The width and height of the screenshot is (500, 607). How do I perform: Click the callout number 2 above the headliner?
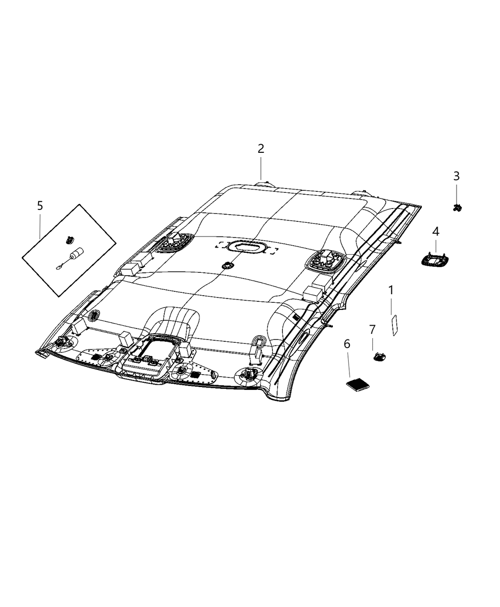click(x=260, y=149)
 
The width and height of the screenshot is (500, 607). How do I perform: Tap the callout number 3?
click(x=456, y=176)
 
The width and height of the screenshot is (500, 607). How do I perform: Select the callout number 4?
click(x=435, y=232)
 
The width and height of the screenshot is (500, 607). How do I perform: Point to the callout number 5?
click(x=40, y=206)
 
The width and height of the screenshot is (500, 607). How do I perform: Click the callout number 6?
click(x=347, y=344)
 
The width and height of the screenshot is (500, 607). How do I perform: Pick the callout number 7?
click(x=372, y=329)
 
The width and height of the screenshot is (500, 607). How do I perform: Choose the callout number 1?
click(x=391, y=290)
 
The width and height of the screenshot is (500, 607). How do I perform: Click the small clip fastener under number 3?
click(x=457, y=207)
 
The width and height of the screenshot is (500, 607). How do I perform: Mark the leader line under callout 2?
click(x=261, y=169)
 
